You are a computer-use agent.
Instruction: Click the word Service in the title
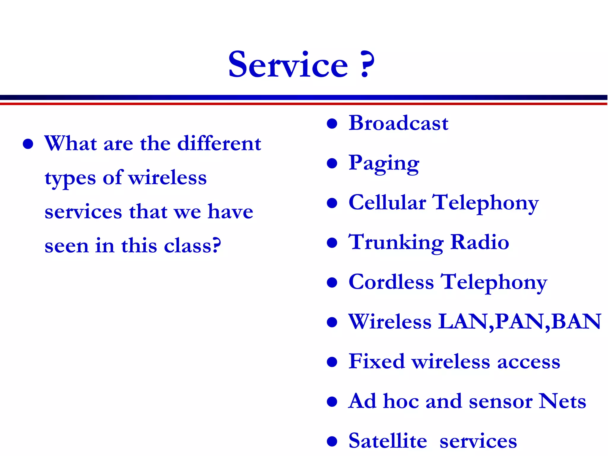pos(288,65)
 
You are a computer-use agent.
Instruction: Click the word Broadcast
pos(398,123)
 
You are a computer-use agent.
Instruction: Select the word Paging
pos(384,163)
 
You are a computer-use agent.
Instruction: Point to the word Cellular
pos(387,203)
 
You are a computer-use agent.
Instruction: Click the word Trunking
pos(396,243)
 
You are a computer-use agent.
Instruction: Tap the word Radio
pos(479,242)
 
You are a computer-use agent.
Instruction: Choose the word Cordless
pos(391,282)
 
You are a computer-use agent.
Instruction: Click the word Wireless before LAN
pos(390,322)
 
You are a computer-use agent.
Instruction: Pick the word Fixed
pos(376,362)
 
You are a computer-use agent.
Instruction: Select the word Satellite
pos(387,441)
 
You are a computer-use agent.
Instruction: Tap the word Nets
pos(562,401)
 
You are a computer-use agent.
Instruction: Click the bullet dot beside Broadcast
pos(332,123)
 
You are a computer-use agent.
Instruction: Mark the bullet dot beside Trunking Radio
pos(332,243)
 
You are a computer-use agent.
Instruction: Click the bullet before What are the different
pos(28,144)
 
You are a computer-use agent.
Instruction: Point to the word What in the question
pos(70,144)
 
